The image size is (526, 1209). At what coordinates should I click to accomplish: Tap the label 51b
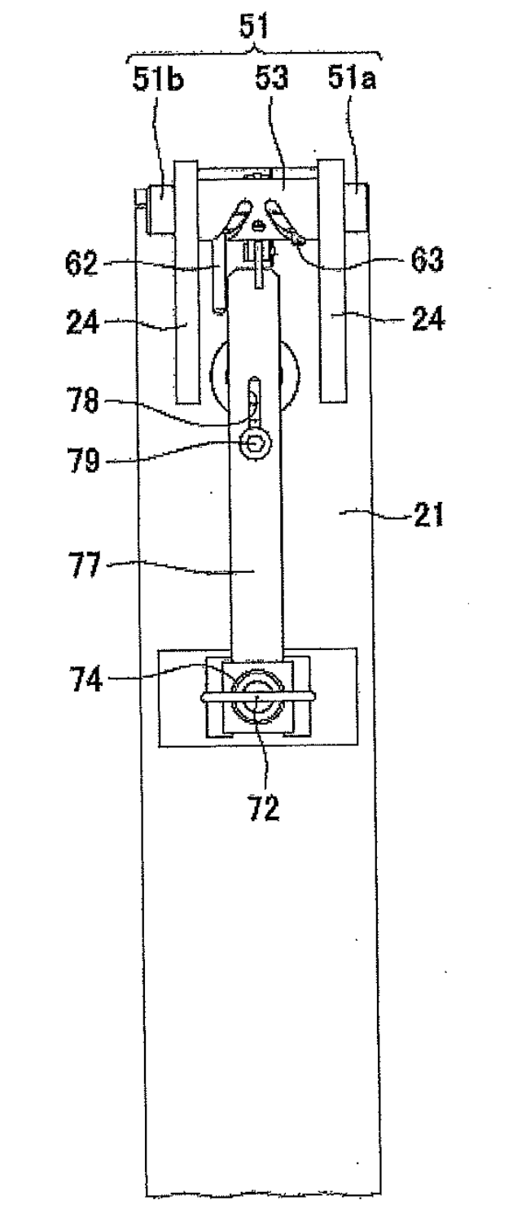159,80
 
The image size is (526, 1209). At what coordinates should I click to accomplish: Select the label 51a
352,79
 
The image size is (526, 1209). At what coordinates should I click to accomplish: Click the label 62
81,264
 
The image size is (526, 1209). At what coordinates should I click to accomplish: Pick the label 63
427,260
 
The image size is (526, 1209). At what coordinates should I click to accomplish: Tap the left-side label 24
82,323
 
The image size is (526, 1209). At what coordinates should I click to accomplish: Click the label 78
84,401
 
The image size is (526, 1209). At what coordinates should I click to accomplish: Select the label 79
84,461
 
